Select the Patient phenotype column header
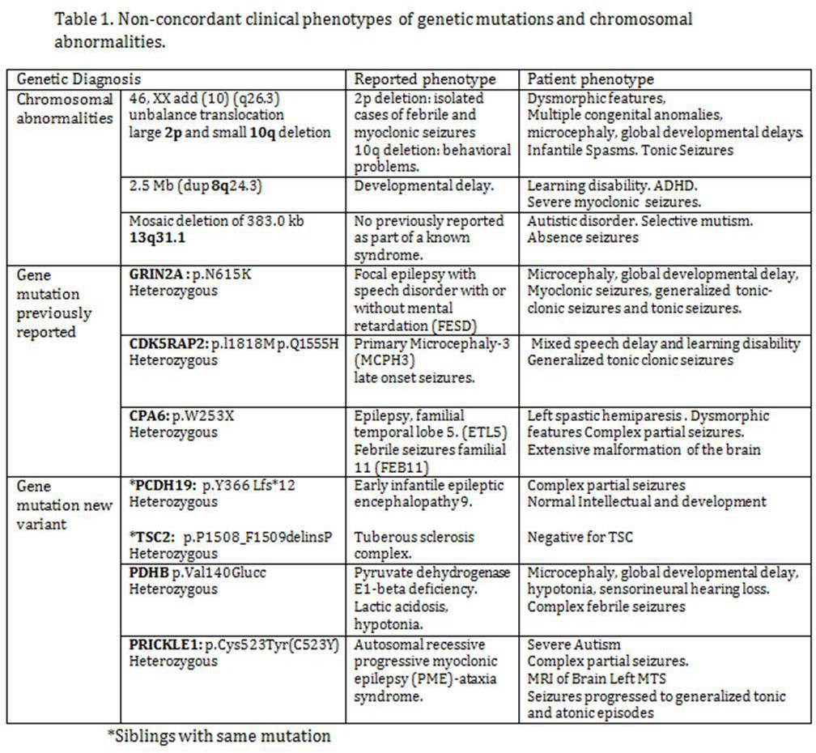(x=590, y=79)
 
